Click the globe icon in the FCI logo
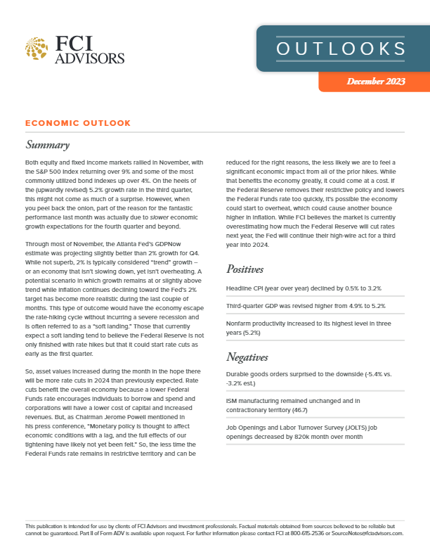tap(36, 49)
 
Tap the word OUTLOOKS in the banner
tap(341, 49)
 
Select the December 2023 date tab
tap(375, 82)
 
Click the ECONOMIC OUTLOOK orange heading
tap(78, 123)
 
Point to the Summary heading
tap(47, 146)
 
